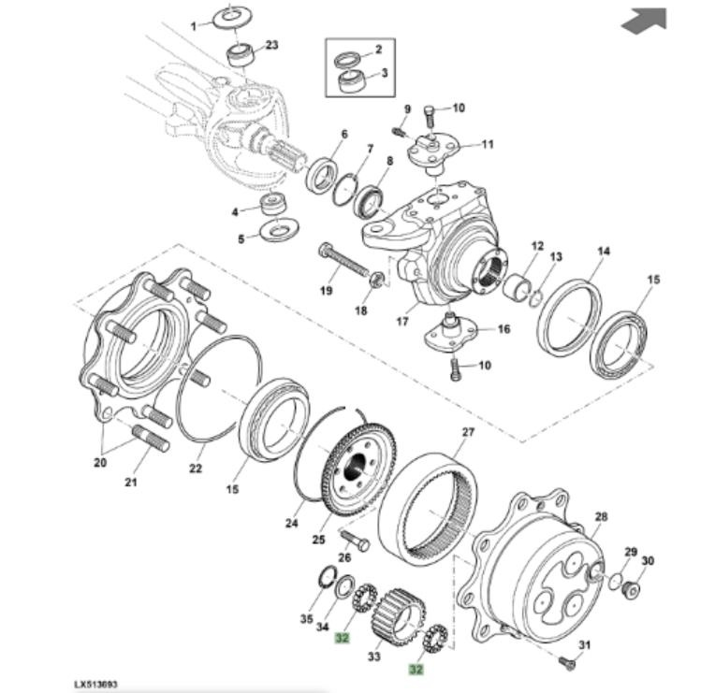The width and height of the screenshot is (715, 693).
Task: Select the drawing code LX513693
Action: coord(96,685)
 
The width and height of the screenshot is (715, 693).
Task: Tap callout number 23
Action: coord(272,45)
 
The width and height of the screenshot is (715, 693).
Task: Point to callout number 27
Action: coord(468,432)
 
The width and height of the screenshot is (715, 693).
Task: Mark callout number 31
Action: coord(586,646)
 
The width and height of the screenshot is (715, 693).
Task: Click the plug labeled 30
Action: coord(633,589)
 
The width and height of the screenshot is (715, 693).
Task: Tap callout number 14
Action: coord(604,252)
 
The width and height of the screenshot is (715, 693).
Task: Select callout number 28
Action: coord(601,516)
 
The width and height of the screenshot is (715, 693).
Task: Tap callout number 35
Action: coord(305,619)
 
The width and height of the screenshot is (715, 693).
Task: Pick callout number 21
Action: coord(131,483)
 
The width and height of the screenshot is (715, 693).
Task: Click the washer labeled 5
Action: coord(278,228)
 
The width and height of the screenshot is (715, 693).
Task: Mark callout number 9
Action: coord(407,109)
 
